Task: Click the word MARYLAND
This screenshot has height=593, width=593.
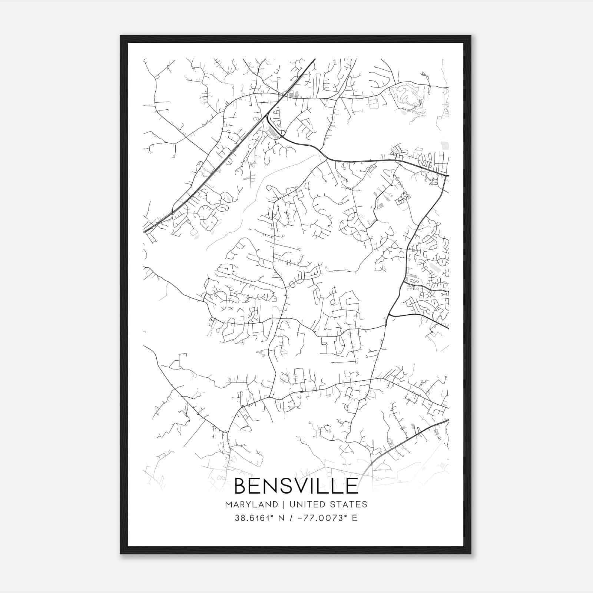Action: click(x=251, y=504)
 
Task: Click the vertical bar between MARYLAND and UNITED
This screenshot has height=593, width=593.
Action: click(x=284, y=504)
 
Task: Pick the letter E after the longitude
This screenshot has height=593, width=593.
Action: click(x=355, y=518)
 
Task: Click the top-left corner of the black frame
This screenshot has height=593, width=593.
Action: click(x=121, y=36)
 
